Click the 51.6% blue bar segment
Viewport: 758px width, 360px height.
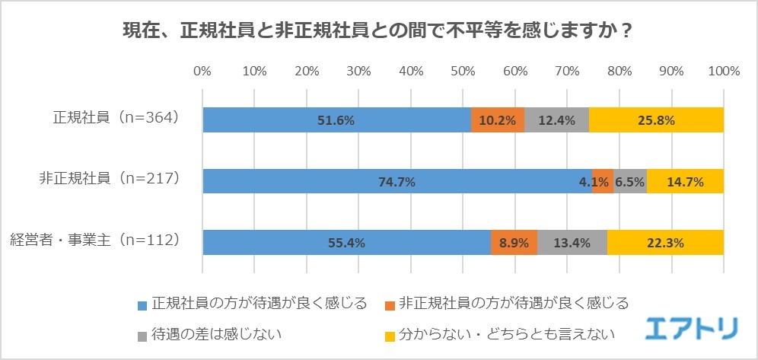(x=336, y=120)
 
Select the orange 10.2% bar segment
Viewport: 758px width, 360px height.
(x=498, y=120)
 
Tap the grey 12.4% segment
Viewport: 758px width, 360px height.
(x=556, y=120)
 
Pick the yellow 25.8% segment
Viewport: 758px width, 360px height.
(x=656, y=120)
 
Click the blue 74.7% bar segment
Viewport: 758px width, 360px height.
(x=397, y=181)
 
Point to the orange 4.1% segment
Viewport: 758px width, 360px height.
(x=603, y=181)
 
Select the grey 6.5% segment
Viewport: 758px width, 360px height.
(x=630, y=181)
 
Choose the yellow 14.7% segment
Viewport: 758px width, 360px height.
(x=685, y=181)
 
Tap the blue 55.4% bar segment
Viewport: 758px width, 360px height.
(x=346, y=243)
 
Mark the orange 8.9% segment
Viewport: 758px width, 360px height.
(x=514, y=243)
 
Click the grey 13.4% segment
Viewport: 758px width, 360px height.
(x=572, y=243)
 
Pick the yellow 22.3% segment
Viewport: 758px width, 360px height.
(x=665, y=243)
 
